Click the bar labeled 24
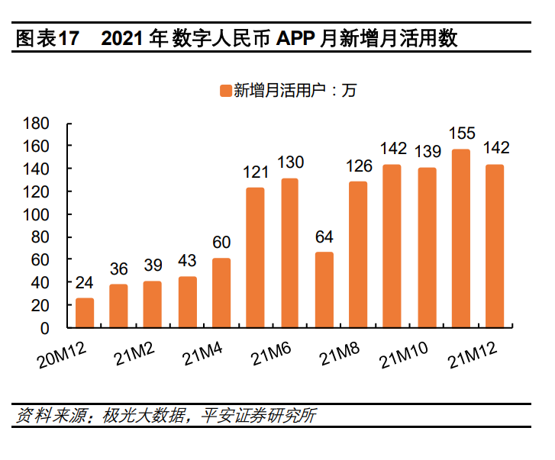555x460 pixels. coord(85,313)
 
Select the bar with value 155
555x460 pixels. coord(461,238)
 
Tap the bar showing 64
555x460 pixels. coord(324,290)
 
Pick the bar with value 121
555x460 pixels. coord(255,257)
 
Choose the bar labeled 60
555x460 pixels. coord(221,293)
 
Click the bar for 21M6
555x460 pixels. coord(289,253)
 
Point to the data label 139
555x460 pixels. coord(427,151)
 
